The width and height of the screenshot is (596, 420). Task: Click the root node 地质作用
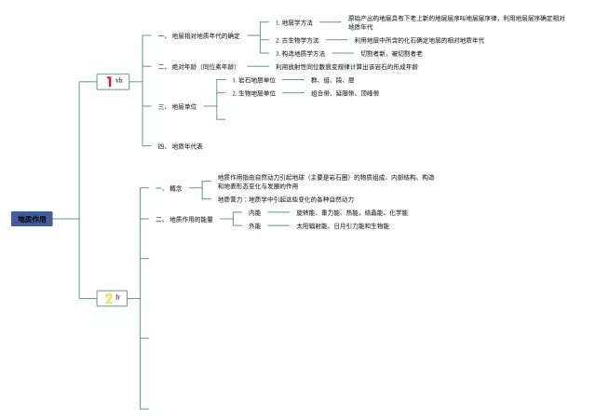coord(33,219)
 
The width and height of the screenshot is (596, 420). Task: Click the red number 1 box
coord(113,82)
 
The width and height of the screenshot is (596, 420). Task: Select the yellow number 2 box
coord(113,298)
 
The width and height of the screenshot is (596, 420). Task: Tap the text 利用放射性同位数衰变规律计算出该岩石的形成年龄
coord(346,67)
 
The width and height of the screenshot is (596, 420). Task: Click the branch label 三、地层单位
coord(177,106)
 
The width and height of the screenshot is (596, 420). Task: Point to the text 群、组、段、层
coord(332,80)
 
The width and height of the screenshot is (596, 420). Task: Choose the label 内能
coord(254,212)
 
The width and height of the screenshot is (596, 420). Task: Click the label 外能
coord(254,225)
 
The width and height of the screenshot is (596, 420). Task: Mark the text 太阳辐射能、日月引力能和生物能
coord(343,225)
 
